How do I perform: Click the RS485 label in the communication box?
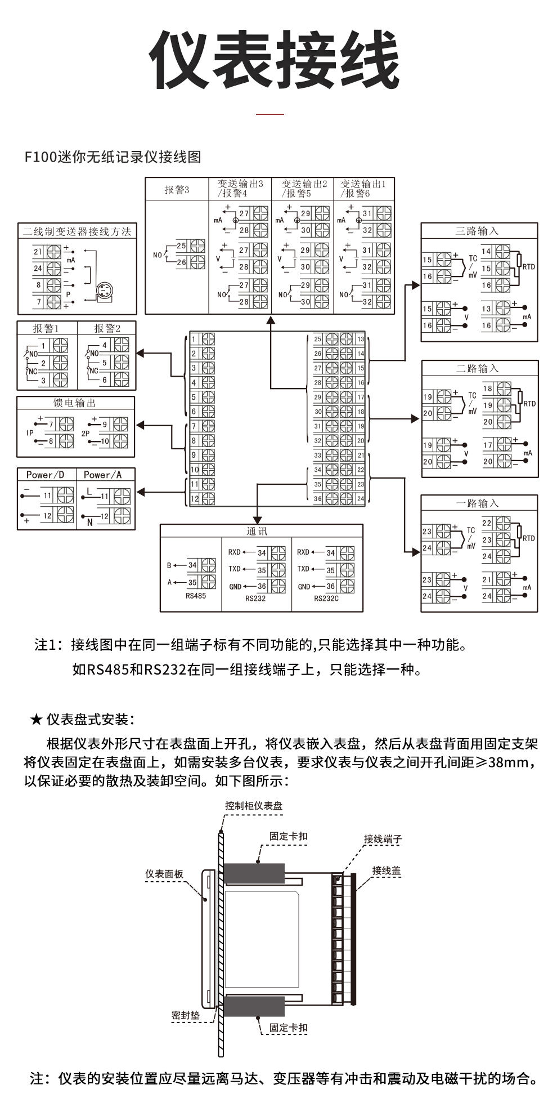pyautogui.click(x=195, y=596)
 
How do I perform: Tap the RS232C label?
pyautogui.click(x=326, y=599)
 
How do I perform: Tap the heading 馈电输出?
pyautogui.click(x=75, y=403)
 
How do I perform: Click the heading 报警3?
pyautogui.click(x=177, y=190)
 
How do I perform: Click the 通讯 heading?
pyautogui.click(x=257, y=531)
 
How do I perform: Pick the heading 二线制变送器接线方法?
pyautogui.click(x=77, y=231)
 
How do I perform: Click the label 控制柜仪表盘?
pyautogui.click(x=254, y=806)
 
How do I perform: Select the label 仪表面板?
pyautogui.click(x=164, y=874)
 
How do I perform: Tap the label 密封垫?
pyautogui.click(x=186, y=1015)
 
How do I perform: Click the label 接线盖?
pyautogui.click(x=386, y=871)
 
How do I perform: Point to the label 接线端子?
pyautogui.click(x=383, y=839)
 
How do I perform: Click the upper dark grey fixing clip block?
pyautogui.click(x=254, y=873)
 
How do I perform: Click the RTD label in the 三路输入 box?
pyautogui.click(x=528, y=267)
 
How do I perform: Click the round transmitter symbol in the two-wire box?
pyautogui.click(x=104, y=291)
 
